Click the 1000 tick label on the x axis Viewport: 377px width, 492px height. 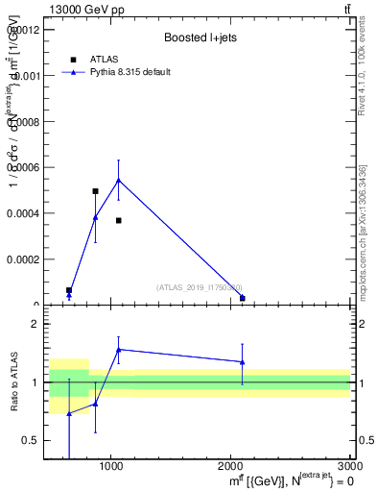111,468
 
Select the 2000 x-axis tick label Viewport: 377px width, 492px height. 231,468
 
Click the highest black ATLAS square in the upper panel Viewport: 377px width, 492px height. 95,191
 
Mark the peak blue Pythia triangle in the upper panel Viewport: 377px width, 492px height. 119,180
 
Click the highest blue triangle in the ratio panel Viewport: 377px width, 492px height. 119,350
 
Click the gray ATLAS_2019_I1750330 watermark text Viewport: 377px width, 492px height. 200,287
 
